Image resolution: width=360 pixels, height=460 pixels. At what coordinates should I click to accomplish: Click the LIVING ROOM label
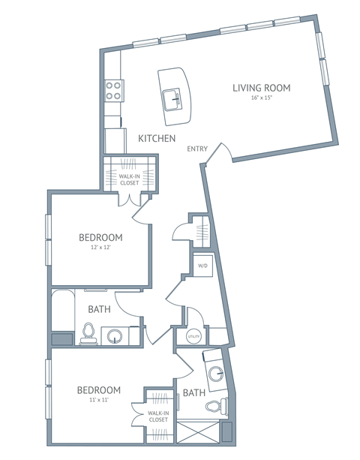tap(260, 88)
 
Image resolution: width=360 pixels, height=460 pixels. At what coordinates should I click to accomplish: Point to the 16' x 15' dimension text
tap(260, 99)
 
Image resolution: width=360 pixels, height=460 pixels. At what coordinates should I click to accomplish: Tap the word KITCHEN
tap(157, 139)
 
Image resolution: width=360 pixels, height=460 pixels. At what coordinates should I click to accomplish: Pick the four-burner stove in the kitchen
tap(113, 91)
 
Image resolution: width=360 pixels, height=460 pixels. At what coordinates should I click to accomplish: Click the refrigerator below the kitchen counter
tap(114, 140)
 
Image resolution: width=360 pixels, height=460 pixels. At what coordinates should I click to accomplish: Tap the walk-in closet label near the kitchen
tap(129, 179)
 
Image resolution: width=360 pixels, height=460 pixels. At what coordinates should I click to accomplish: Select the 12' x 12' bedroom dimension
tap(100, 249)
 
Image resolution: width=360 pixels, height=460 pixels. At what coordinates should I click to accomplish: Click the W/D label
tap(202, 266)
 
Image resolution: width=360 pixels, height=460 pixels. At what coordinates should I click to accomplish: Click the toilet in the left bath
tap(88, 333)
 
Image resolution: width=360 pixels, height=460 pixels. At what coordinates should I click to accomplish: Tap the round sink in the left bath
tap(116, 335)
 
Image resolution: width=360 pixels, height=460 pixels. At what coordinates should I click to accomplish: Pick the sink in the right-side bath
tap(217, 373)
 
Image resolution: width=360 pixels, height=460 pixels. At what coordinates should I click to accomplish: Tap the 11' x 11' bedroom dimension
tap(99, 401)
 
